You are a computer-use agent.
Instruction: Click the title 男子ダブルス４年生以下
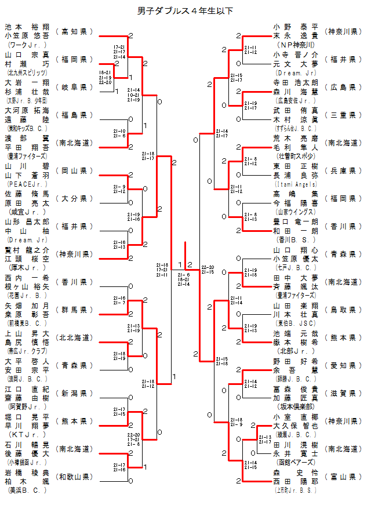pyautogui.click(x=185, y=11)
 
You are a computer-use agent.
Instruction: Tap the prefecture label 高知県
pyautogui.click(x=74, y=31)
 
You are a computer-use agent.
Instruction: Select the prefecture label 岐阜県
pyautogui.click(x=74, y=87)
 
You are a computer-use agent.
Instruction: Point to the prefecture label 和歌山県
pyautogui.click(x=74, y=477)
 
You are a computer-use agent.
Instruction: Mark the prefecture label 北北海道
pyautogui.click(x=74, y=337)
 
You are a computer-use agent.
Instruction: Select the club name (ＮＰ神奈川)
pyautogui.click(x=296, y=44)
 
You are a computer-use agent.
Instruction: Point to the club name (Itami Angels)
pyautogui.click(x=296, y=183)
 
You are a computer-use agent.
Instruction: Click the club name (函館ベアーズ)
pyautogui.click(x=296, y=461)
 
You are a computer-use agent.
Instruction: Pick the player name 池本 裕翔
pyautogui.click(x=27, y=27)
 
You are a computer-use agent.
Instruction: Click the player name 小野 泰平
pyautogui.click(x=296, y=27)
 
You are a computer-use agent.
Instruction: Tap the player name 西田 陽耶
pyautogui.click(x=296, y=481)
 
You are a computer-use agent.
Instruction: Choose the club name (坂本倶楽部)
pyautogui.click(x=296, y=406)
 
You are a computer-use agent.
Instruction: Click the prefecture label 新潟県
pyautogui.click(x=74, y=393)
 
